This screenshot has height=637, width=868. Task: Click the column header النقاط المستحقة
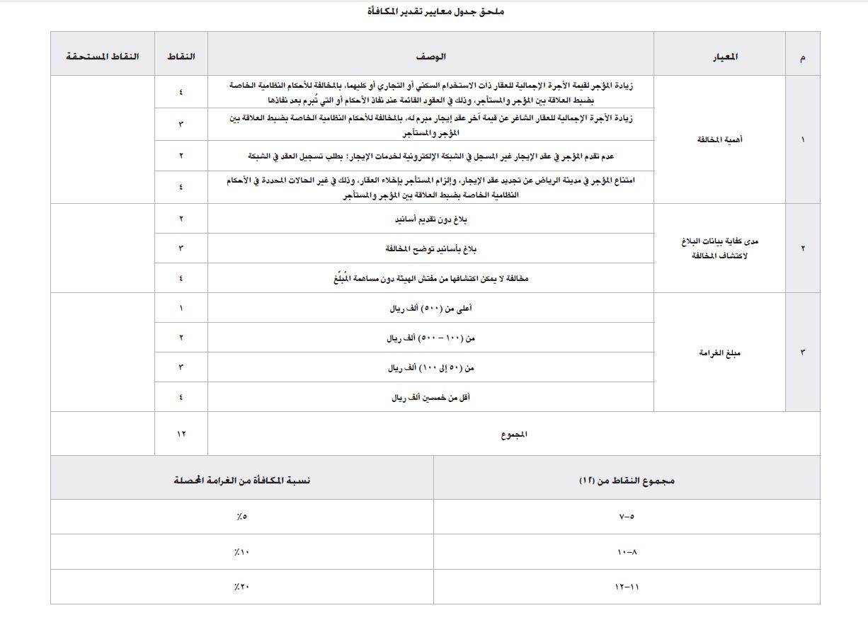point(103,56)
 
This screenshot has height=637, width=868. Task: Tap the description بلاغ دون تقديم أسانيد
point(430,219)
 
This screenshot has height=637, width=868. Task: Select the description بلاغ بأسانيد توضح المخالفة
point(430,249)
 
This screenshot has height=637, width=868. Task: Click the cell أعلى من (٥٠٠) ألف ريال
point(431,309)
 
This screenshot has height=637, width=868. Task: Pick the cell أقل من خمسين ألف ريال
point(431,398)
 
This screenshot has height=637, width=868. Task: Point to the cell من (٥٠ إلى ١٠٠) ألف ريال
point(431,368)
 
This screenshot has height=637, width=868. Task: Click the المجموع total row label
point(513,435)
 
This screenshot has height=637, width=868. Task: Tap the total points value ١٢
point(181,433)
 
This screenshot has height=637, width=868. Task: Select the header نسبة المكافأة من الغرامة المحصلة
point(242,480)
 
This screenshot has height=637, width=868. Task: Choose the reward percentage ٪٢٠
point(241,587)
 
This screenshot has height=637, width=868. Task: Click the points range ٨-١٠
point(627,552)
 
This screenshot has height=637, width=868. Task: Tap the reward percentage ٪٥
point(241,517)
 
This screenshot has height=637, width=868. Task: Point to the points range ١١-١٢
point(627,587)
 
